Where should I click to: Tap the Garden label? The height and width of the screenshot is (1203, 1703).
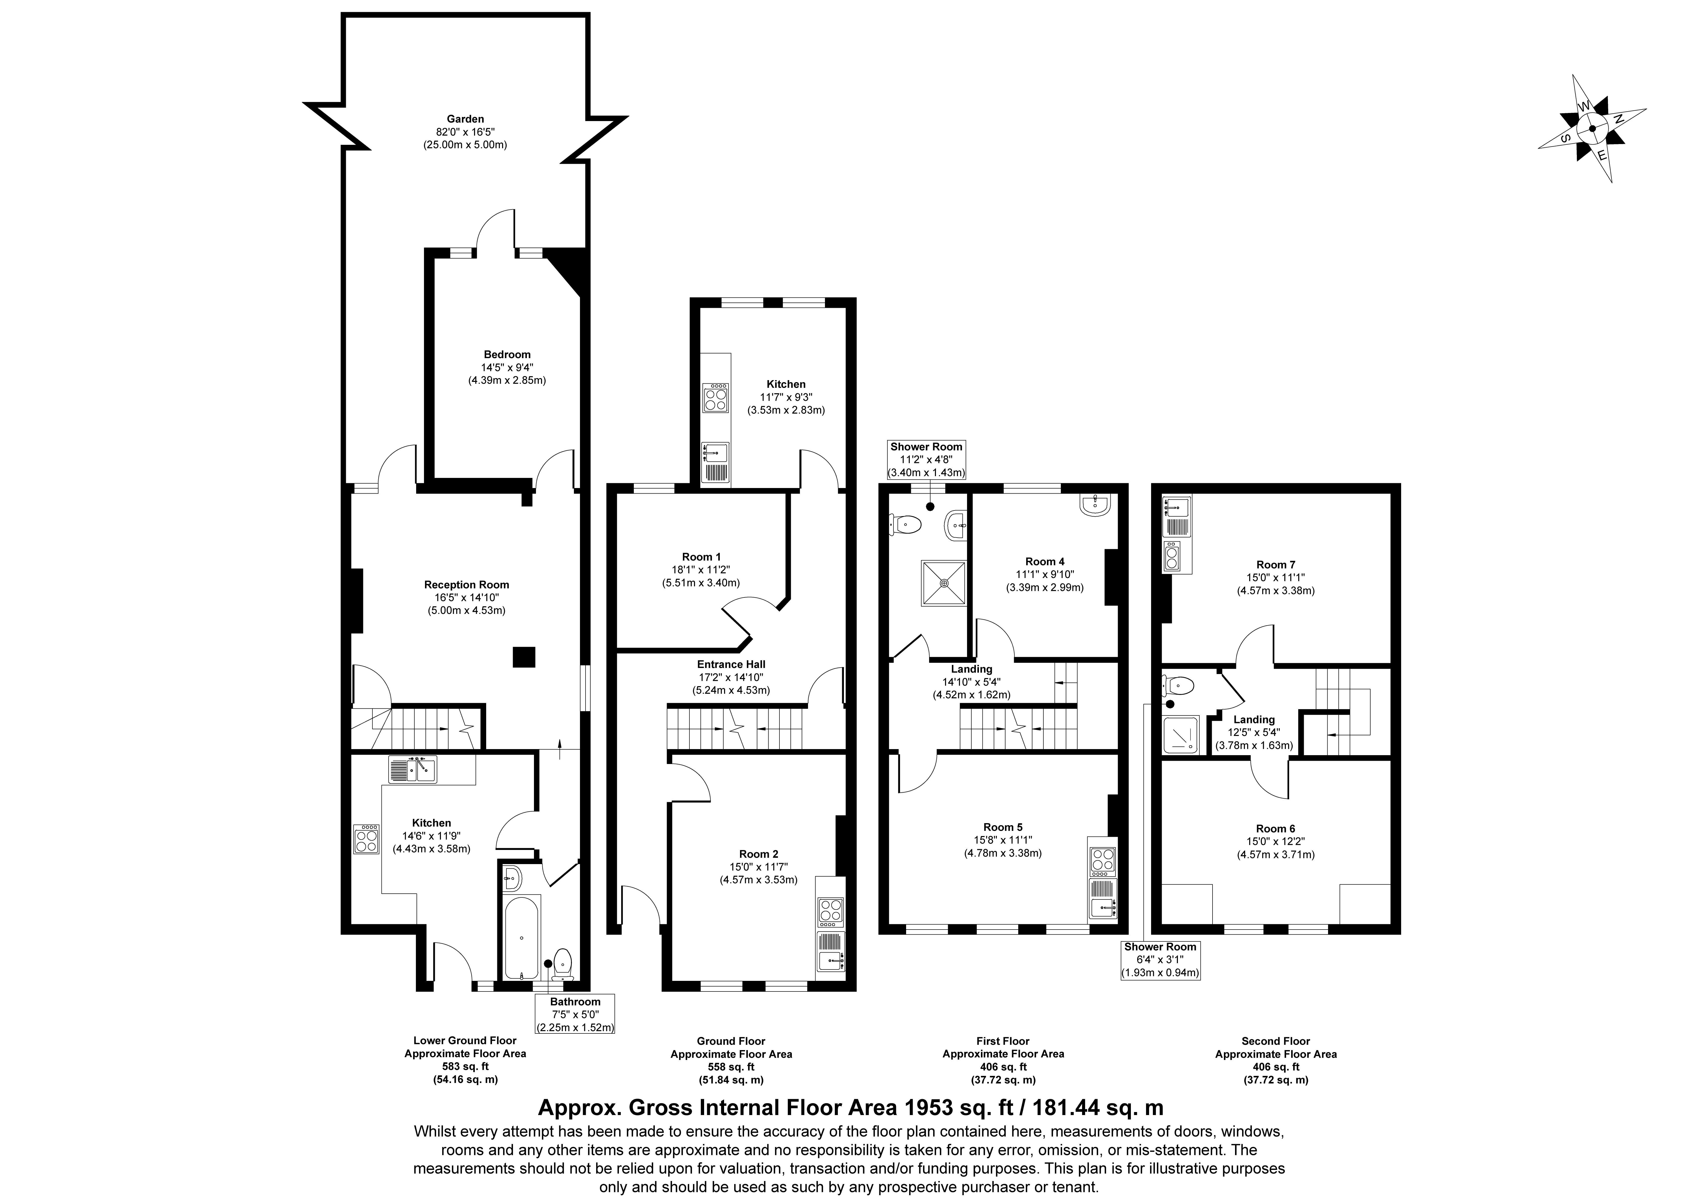click(x=465, y=119)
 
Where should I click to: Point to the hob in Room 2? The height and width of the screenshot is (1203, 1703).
click(x=831, y=912)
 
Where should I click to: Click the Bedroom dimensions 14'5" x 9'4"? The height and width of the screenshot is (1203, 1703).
click(x=507, y=367)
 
